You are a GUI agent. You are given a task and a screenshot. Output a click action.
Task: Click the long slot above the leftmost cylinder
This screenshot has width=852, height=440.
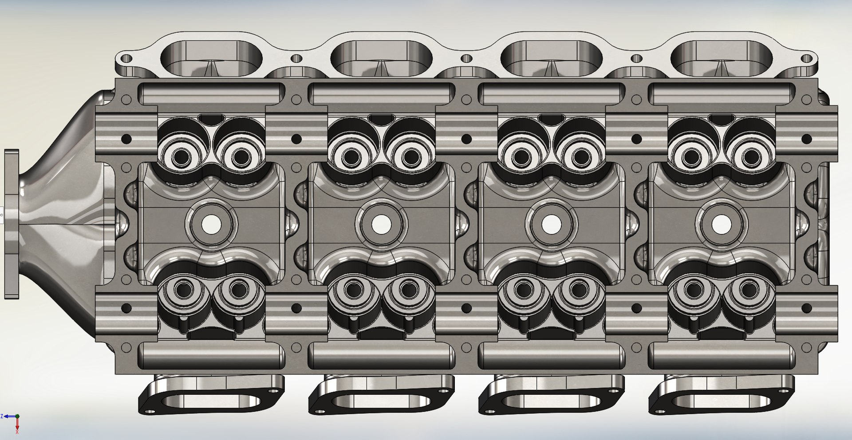tap(211, 94)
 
